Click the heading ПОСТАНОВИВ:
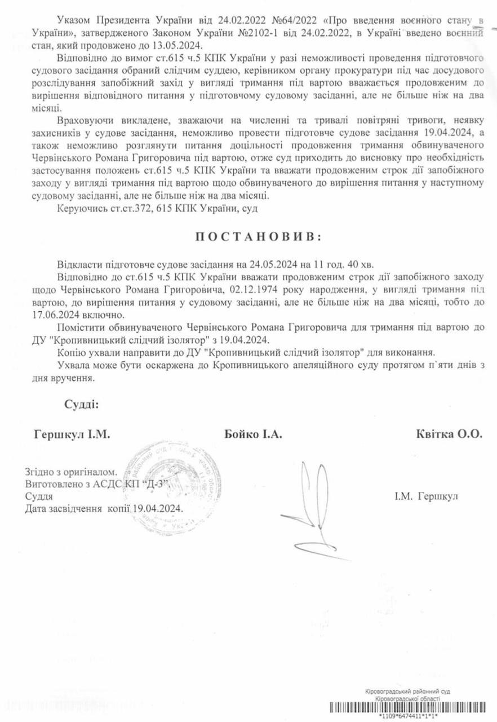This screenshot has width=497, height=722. (259, 237)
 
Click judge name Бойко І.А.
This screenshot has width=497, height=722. (252, 435)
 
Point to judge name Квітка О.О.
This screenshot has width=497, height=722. (449, 434)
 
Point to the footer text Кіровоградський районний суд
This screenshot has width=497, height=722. (407, 692)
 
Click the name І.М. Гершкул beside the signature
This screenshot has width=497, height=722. (426, 496)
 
